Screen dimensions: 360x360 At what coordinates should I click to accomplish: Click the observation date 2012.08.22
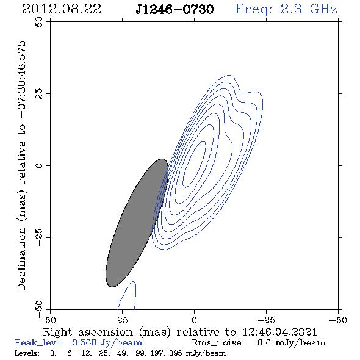(x=62, y=9)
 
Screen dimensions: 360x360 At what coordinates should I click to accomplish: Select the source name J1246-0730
(x=175, y=9)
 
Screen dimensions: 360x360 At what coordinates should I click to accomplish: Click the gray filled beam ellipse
(x=137, y=223)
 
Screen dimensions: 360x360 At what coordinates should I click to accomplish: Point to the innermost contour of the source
(x=203, y=142)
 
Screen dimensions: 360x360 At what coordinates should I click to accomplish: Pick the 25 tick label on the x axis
(x=122, y=320)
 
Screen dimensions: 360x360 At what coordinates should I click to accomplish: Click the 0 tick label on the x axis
(x=194, y=320)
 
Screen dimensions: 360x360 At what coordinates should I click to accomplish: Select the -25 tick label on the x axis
(x=266, y=320)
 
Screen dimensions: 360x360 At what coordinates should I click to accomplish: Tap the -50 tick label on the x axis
(x=338, y=320)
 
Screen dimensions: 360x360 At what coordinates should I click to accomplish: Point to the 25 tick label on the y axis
(x=39, y=93)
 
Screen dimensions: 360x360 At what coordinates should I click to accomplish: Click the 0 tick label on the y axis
(x=39, y=165)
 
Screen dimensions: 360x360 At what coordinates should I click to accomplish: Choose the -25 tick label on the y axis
(x=39, y=237)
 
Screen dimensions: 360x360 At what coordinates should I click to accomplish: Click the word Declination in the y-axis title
(x=21, y=259)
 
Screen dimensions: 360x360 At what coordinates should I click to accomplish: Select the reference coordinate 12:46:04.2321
(x=280, y=332)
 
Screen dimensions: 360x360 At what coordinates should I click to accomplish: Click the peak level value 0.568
(x=84, y=342)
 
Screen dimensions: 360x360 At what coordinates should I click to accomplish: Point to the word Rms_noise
(x=220, y=343)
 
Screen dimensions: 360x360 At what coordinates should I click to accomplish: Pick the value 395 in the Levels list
(x=176, y=353)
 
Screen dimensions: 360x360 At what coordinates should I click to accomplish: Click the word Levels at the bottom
(x=27, y=353)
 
